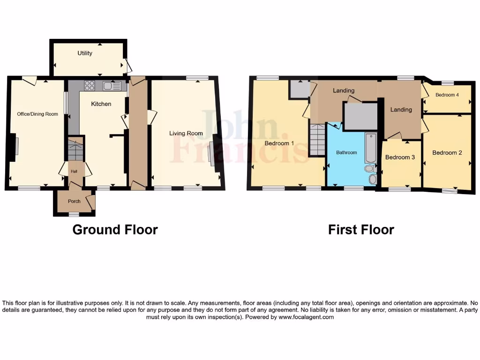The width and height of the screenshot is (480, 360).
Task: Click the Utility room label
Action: (85, 53)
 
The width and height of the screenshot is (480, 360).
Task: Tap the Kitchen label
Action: (101, 104)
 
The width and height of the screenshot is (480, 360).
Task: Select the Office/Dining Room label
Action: (37, 114)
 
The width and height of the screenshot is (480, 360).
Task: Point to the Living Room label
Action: (186, 134)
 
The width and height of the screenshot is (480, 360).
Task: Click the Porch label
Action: (74, 202)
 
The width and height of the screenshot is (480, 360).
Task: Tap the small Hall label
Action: (74, 172)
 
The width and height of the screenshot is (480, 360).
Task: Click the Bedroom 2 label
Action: (447, 153)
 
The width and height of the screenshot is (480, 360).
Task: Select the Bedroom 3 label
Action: (400, 157)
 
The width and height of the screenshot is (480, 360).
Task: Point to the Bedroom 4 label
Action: (447, 95)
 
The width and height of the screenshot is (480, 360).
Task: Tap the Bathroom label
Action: (346, 153)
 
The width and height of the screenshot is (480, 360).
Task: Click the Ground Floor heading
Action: (115, 230)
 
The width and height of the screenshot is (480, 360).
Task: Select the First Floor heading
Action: (361, 230)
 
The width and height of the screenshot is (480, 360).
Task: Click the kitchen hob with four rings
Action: (90, 86)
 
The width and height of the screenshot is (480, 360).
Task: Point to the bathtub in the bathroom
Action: (370, 147)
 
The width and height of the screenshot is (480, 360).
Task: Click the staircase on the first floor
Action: (317, 140)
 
